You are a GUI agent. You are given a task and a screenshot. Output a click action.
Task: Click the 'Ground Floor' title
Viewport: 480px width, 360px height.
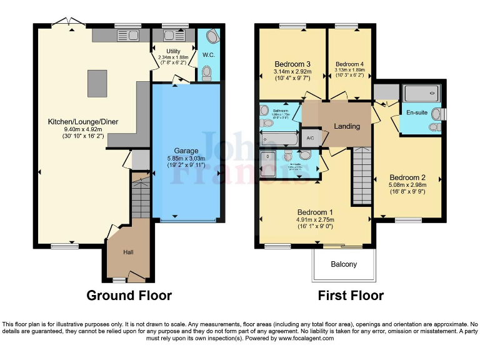[x=129, y=295]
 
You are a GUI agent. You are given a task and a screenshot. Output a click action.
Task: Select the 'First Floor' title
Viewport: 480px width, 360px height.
[x=351, y=295]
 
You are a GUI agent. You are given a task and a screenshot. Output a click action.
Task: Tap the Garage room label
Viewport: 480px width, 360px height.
[x=186, y=151]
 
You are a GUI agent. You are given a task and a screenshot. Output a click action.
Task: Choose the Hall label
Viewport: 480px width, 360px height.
[x=128, y=252]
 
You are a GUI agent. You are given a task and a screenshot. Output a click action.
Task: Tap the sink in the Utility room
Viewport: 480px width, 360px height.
[x=169, y=36]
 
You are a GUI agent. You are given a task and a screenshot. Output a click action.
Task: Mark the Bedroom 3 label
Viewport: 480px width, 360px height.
[x=292, y=64]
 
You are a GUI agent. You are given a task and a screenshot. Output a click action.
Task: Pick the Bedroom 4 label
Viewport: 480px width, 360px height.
[x=349, y=64]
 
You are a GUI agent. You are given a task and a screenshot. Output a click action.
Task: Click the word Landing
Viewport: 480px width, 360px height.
[x=347, y=126]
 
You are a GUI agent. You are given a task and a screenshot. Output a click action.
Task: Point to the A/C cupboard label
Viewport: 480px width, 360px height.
[x=309, y=139]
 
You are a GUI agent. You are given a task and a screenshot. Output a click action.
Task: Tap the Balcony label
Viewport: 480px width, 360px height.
[x=344, y=264]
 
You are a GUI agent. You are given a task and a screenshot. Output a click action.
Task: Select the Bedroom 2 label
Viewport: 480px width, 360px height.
[x=407, y=177]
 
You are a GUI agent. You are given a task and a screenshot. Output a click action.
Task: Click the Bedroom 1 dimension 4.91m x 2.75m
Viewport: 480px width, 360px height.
[x=315, y=220]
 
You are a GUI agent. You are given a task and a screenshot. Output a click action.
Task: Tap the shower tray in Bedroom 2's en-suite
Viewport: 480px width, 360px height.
[x=422, y=94]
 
